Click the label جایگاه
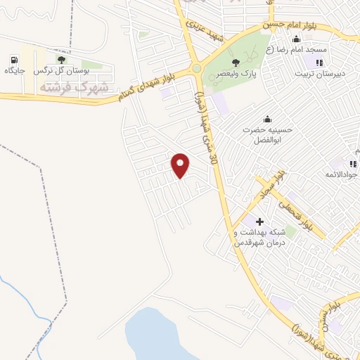[x=15, y=71]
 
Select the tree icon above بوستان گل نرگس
[x=61, y=60]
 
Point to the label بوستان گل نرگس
[x=61, y=71]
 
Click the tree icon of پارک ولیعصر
[x=236, y=63]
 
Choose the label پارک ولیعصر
[x=236, y=74]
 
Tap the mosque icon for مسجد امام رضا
[x=296, y=39]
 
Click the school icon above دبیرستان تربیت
[x=320, y=63]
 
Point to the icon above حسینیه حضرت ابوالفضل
[x=266, y=118]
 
